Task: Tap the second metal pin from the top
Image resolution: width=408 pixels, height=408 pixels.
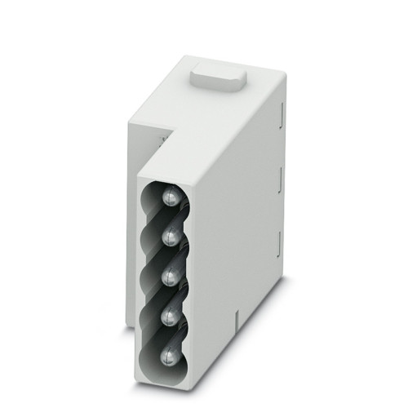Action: pyautogui.click(x=171, y=235)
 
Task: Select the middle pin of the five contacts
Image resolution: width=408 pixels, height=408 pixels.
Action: pyautogui.click(x=171, y=273)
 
